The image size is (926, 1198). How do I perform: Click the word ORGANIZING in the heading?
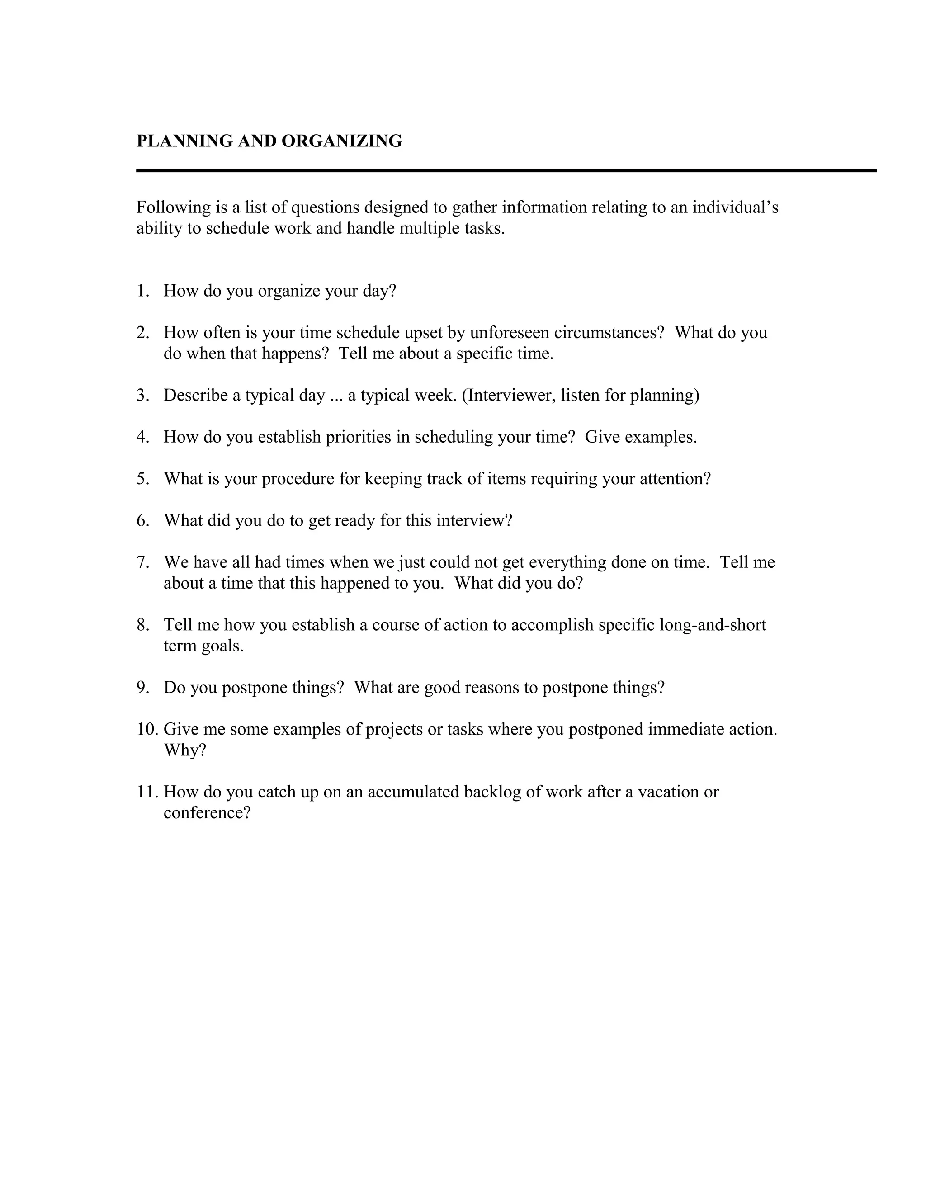(342, 141)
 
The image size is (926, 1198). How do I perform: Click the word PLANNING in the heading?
(185, 141)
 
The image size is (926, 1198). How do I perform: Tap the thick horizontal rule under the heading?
(506, 170)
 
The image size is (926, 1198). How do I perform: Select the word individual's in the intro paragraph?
(735, 208)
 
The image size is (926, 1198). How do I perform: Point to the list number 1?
(142, 291)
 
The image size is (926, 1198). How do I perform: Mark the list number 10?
(146, 729)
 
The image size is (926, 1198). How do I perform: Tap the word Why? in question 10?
(185, 750)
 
